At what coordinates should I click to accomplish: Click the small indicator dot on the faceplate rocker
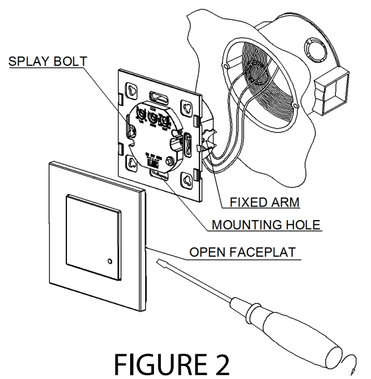(x=111, y=262)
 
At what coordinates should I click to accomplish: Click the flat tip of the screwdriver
(x=160, y=263)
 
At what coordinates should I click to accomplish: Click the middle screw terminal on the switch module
(x=154, y=117)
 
